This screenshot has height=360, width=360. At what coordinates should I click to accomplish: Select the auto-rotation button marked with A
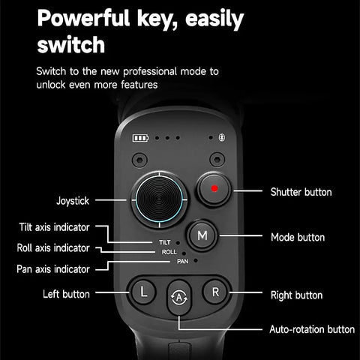coord(179,296)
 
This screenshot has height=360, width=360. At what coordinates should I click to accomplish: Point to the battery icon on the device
coord(141,138)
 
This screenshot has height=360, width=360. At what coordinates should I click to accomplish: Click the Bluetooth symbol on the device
coord(220,138)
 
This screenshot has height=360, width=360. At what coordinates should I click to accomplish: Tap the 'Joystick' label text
coord(73,201)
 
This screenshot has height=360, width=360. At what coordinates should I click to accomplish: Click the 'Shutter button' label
coord(301,193)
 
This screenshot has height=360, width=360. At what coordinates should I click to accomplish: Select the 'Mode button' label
coord(298,237)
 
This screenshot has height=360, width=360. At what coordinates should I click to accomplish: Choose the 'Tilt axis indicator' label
coord(55,227)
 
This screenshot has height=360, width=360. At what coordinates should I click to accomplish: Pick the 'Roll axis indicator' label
coord(53,247)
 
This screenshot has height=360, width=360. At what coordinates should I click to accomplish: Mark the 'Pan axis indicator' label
coord(53,268)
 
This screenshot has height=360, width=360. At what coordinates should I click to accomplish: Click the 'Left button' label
coord(66,294)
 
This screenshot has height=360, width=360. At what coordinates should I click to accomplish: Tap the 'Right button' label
coord(296,295)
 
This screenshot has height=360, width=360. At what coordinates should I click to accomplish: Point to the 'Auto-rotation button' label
coord(312,329)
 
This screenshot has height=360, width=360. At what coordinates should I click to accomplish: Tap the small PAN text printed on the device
coord(182,262)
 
